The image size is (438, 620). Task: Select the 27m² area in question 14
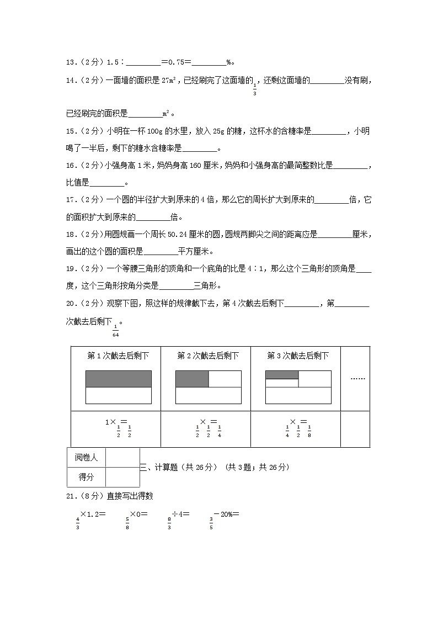click(169, 81)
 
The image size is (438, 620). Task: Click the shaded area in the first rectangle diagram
click(119, 379)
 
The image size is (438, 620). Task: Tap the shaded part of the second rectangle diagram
click(192, 379)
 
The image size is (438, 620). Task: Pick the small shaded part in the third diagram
click(282, 375)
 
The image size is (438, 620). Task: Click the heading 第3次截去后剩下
click(298, 356)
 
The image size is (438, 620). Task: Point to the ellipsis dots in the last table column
click(357, 379)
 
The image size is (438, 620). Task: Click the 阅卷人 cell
click(86, 457)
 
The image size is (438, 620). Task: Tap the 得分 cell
click(86, 476)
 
